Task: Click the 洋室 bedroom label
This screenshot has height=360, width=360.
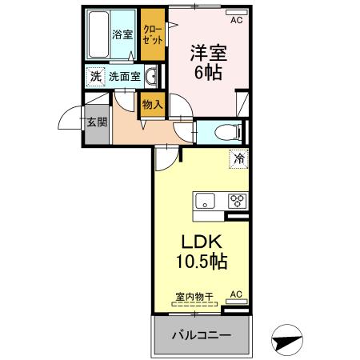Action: (207, 54)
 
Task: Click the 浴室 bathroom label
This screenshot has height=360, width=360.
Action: (122, 34)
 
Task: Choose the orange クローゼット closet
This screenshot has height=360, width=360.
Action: (151, 34)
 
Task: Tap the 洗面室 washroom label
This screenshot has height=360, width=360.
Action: (125, 78)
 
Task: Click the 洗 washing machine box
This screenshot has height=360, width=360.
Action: (95, 78)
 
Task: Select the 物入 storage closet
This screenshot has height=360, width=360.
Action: (152, 103)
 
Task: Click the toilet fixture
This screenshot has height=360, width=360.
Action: (226, 133)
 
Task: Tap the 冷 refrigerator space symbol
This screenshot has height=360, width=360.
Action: (238, 159)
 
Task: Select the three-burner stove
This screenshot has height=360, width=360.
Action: (237, 201)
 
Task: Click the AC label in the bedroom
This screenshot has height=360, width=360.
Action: (236, 21)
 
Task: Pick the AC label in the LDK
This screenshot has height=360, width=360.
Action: (236, 295)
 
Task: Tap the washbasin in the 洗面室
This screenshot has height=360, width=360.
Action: (151, 78)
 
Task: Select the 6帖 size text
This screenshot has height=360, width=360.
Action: (207, 72)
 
